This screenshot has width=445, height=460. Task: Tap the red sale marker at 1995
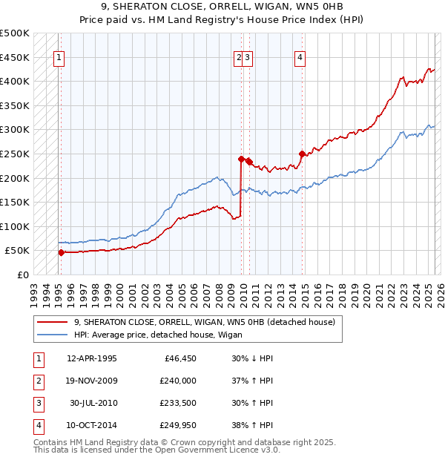(61, 252)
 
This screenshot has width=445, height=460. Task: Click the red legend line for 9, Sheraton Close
(52, 322)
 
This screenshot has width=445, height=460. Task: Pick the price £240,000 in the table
(178, 381)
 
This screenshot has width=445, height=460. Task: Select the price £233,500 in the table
(178, 403)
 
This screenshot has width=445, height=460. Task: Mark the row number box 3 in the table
(37, 403)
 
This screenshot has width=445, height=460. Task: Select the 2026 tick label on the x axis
(440, 292)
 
